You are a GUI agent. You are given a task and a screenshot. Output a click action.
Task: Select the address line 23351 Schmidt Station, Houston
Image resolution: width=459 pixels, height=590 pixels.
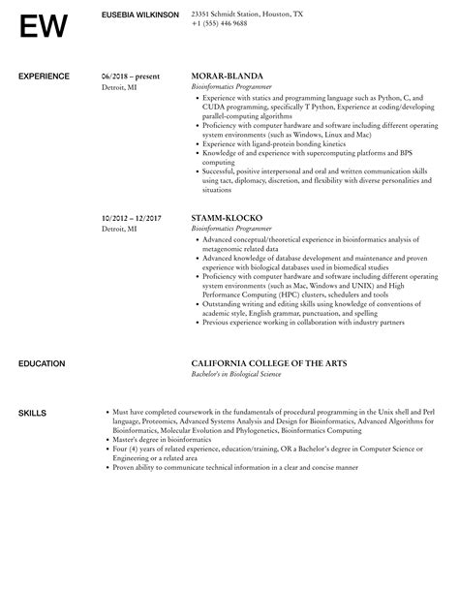[247, 14]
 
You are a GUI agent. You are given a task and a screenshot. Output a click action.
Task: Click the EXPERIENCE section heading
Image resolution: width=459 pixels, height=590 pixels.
[44, 76]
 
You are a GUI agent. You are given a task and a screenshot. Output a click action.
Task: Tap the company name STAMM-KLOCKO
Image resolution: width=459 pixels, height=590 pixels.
[229, 218]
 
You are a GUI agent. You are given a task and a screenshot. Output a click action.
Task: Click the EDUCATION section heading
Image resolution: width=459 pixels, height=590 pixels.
[43, 363]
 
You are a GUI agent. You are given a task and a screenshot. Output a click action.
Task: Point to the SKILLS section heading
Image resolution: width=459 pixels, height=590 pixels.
[32, 413]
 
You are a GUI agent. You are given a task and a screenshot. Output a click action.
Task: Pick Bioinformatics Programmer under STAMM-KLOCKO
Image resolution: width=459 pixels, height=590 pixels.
[233, 229]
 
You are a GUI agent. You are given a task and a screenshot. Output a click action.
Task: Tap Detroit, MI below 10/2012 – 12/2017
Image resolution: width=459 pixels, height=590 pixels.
[119, 229]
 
